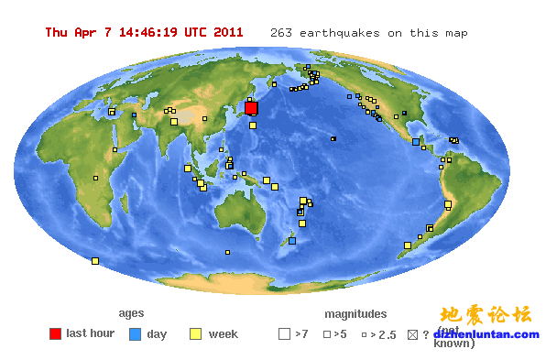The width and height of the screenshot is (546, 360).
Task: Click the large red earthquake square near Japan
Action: click(x=251, y=108)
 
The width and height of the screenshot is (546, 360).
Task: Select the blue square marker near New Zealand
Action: click(x=292, y=241)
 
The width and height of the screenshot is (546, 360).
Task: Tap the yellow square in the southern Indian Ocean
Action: click(x=95, y=261)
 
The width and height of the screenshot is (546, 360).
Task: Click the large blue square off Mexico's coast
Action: click(x=416, y=142)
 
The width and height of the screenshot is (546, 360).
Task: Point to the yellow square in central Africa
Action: click(x=94, y=178)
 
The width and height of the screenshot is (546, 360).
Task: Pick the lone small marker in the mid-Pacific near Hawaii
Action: click(x=333, y=139)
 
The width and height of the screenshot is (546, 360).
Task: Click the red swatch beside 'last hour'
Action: click(x=55, y=334)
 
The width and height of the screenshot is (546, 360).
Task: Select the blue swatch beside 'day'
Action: click(x=135, y=334)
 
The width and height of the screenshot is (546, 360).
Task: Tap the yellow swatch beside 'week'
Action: click(x=195, y=334)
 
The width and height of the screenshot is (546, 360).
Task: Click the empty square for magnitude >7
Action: click(x=284, y=334)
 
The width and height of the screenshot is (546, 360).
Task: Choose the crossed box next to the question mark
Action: click(x=412, y=334)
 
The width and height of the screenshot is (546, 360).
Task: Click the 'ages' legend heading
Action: click(x=131, y=313)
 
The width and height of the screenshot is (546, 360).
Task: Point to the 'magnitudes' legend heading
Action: click(x=355, y=313)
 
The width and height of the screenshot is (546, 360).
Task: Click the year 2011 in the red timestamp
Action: click(x=228, y=32)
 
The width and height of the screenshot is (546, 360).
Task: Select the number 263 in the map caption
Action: click(x=280, y=33)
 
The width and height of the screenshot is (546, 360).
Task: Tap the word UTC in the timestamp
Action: click(x=196, y=32)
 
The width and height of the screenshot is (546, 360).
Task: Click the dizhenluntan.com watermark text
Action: click(x=491, y=334)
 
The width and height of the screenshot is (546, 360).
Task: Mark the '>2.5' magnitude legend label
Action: click(x=384, y=335)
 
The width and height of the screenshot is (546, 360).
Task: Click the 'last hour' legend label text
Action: click(x=91, y=333)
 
